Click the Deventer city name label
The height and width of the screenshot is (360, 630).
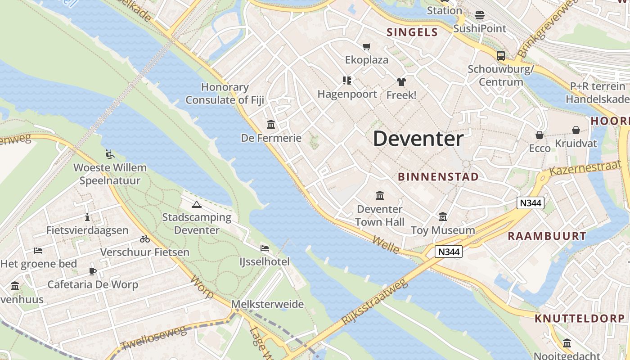coord(418,139)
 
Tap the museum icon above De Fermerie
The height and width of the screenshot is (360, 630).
coord(271,124)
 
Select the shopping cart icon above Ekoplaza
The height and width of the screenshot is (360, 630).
coord(367,46)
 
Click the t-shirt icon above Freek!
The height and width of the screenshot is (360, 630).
coord(401,81)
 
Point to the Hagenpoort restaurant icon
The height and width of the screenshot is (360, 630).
coord(346,81)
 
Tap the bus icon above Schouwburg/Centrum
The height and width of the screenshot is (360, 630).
coord(500,56)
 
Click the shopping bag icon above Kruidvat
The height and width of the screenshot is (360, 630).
coord(576,130)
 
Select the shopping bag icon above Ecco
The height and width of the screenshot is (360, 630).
coord(539,135)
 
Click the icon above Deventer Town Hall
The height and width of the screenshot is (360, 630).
coord(380,196)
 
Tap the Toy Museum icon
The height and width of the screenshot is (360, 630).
coord(443,217)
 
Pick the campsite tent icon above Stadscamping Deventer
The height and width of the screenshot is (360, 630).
coord(196,204)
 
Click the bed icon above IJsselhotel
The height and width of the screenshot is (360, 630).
coord(265,248)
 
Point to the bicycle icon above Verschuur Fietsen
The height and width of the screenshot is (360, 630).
coord(144,239)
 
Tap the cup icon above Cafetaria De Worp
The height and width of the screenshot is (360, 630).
coord(93,271)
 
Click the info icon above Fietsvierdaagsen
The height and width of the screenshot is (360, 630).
coord(87,217)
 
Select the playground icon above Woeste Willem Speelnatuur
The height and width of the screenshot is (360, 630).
coord(110,154)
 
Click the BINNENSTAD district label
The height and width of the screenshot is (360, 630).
coord(438,177)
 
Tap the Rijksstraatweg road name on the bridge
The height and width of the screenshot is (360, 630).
coord(374,301)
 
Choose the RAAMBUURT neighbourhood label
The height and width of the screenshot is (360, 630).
coord(547,236)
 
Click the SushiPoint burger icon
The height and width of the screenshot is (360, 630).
coord(480,15)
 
